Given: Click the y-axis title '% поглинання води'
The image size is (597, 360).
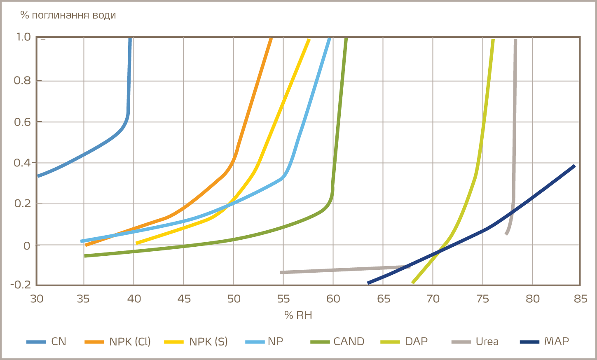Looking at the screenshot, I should [68, 15].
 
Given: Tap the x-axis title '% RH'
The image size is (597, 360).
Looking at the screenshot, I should [298, 316].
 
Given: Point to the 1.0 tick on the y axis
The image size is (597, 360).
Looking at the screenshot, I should [23, 37].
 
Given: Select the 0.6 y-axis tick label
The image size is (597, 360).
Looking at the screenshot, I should [22, 122].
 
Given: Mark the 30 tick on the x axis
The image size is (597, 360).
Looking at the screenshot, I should [37, 299].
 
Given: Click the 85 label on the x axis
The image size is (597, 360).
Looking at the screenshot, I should [580, 299].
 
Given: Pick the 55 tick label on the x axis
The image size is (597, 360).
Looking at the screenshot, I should [283, 299].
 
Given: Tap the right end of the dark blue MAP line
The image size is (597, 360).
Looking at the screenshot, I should [574, 166].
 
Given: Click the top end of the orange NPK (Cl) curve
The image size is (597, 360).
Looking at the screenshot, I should [271, 39].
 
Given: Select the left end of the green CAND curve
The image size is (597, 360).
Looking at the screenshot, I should [85, 256].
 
